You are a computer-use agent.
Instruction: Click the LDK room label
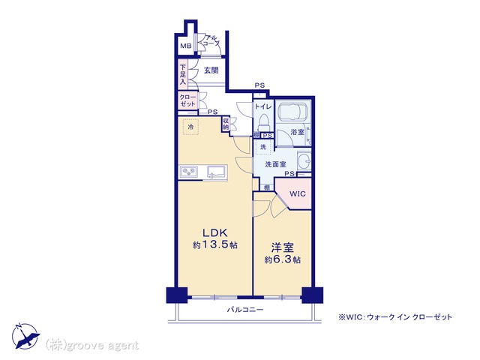pyautogui.click(x=215, y=232)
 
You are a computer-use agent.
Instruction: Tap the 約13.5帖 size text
pyautogui.click(x=215, y=245)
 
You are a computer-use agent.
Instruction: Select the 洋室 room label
pyautogui.click(x=282, y=247)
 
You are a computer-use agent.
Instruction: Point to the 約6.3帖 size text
pyautogui.click(x=282, y=259)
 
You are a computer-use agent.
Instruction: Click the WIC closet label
pyautogui.click(x=297, y=193)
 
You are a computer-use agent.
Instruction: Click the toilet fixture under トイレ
pyautogui.click(x=263, y=121)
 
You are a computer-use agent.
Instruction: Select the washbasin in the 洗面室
pyautogui.click(x=304, y=160)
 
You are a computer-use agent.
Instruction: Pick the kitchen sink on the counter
pyautogui.click(x=217, y=172)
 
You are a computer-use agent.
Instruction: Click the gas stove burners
pyautogui.click(x=189, y=172)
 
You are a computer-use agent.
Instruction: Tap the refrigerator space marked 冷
pyautogui.click(x=190, y=127)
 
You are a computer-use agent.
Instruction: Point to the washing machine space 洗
pyautogui.click(x=263, y=147)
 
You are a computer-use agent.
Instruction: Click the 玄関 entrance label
pyautogui.click(x=211, y=70)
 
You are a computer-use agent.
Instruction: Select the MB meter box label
pyautogui.click(x=186, y=46)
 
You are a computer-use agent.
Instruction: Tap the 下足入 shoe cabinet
pyautogui.click(x=183, y=75)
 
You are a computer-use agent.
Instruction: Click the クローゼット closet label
pyautogui.click(x=187, y=100)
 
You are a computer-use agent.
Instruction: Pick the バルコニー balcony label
pyautogui.click(x=245, y=310)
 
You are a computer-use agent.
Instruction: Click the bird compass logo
pyautogui.click(x=25, y=336)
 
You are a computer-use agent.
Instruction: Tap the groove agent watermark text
pyautogui.click(x=91, y=345)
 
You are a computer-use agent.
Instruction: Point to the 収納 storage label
pyautogui.click(x=226, y=123)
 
